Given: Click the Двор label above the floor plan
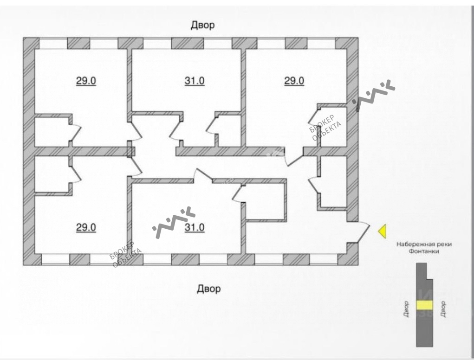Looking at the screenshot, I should pyautogui.click(x=203, y=26).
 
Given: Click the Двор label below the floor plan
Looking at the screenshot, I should pyautogui.click(x=209, y=289).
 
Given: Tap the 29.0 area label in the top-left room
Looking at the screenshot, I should pyautogui.click(x=86, y=81).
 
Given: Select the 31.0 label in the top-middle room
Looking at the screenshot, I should pyautogui.click(x=195, y=81).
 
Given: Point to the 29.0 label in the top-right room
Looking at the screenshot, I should pyautogui.click(x=294, y=81).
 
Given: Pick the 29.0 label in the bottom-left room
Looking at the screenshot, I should pyautogui.click(x=86, y=227).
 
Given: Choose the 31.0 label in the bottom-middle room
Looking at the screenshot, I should pyautogui.click(x=195, y=227).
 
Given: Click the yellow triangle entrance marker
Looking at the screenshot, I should pyautogui.click(x=382, y=231).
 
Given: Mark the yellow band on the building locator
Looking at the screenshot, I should pyautogui.click(x=424, y=305).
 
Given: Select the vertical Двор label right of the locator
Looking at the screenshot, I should pyautogui.click(x=443, y=309).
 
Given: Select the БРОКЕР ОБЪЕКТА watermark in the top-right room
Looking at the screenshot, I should pyautogui.click(x=326, y=127).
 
